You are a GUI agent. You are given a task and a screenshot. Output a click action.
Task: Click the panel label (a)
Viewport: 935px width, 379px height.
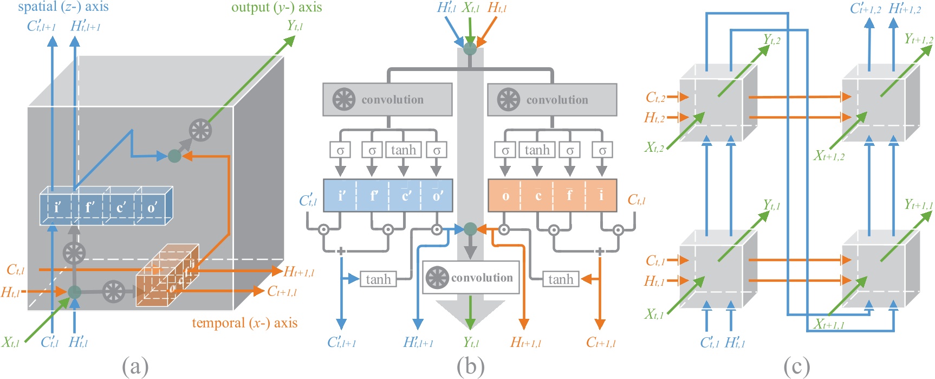(x=135, y=367)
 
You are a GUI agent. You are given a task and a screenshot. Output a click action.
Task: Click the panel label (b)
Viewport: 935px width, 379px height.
(x=470, y=367)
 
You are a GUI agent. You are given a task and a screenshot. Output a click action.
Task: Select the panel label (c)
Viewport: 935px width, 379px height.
(x=796, y=367)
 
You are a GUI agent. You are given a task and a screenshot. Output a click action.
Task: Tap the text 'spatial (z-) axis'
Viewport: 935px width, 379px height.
(x=63, y=7)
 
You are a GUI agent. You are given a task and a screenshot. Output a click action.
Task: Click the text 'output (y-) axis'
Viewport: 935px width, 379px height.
(x=276, y=8)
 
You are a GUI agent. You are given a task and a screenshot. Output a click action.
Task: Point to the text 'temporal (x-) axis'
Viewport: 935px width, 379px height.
(x=244, y=323)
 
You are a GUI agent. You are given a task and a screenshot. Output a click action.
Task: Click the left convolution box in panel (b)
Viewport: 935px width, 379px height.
(x=387, y=100)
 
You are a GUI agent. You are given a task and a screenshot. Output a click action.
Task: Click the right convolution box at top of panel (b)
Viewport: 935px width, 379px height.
(x=552, y=100)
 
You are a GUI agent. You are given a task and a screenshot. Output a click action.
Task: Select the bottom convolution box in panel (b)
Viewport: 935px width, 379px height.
(x=471, y=278)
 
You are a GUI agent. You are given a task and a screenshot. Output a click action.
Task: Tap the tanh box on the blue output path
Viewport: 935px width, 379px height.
(x=378, y=279)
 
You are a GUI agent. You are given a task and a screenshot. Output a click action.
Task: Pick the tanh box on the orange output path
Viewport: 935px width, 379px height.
(x=560, y=279)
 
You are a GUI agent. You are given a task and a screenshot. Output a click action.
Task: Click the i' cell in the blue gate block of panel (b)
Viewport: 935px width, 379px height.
(x=341, y=196)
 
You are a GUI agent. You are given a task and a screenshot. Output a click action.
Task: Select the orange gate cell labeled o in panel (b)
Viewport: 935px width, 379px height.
(x=505, y=196)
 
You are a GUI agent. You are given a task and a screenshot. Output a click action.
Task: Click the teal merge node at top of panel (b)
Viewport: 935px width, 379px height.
(x=470, y=49)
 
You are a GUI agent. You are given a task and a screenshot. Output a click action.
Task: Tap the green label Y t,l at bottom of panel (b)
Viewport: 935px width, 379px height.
(x=471, y=343)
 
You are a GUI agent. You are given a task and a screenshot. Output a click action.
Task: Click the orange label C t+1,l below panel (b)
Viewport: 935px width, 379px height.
(x=600, y=343)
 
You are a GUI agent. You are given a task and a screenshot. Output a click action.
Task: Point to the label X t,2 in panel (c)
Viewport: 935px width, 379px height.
(x=654, y=147)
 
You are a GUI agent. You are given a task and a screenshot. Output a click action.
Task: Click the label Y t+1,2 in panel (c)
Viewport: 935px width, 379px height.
(x=918, y=39)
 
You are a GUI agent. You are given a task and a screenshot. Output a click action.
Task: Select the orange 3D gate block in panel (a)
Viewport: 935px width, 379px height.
(x=168, y=277)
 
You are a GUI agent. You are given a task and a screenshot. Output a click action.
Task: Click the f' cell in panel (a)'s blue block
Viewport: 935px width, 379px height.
(x=89, y=207)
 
